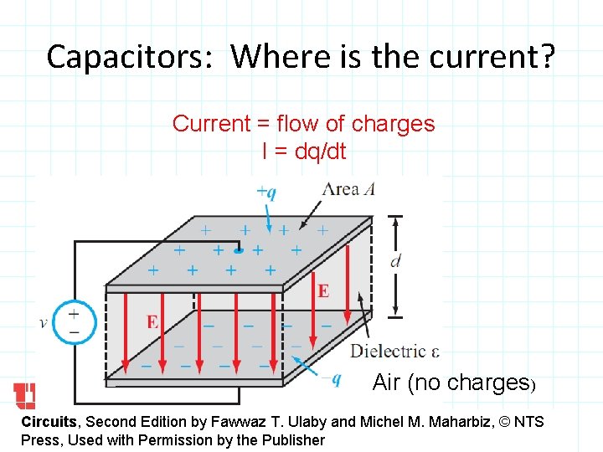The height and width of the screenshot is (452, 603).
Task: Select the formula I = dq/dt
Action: click(303, 152)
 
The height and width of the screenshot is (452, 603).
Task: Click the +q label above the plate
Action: click(265, 192)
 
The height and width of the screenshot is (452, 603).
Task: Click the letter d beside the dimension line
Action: click(395, 261)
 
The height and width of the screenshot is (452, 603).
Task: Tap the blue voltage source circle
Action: click(74, 322)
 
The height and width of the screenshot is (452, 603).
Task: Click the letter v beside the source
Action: click(43, 322)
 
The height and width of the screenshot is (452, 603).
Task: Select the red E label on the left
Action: click(152, 321)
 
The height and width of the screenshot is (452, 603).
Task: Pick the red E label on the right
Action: click(323, 290)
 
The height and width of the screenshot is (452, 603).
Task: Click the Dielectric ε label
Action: click(394, 351)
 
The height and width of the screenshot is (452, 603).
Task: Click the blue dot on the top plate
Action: click(239, 249)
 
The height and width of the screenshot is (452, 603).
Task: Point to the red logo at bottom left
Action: click(24, 394)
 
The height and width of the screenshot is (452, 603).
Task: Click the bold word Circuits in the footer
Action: click(49, 422)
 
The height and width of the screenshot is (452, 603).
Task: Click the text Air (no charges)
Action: click(453, 383)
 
